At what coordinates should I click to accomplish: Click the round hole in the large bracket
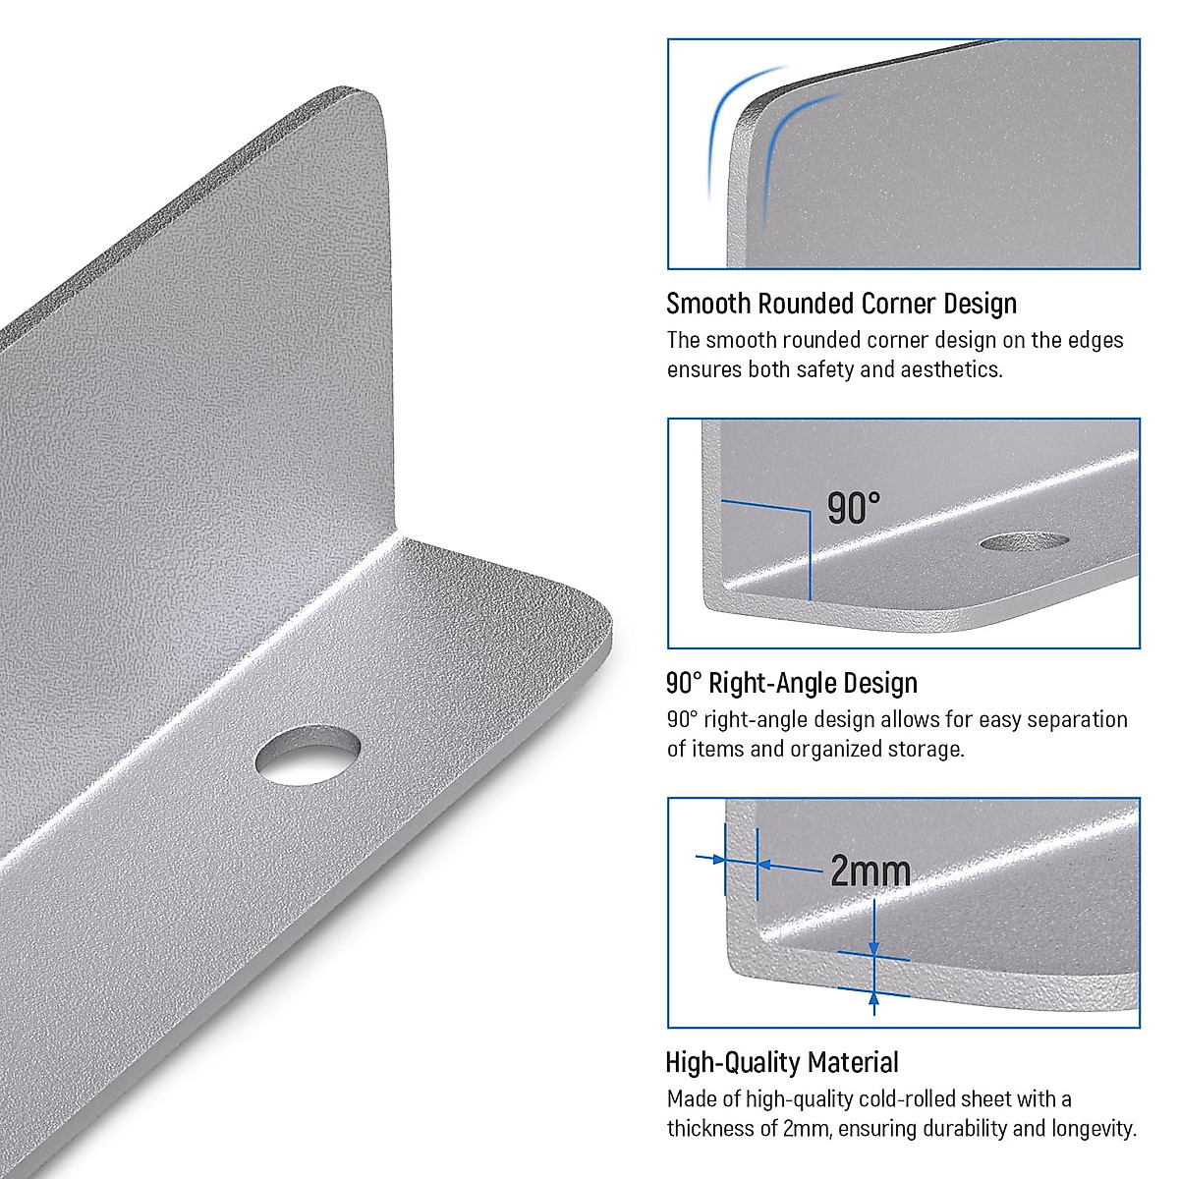click(x=308, y=754)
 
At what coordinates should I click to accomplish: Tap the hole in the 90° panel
click(x=1025, y=541)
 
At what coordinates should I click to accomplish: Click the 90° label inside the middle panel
click(x=853, y=509)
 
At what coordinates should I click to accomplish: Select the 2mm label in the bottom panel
click(x=870, y=870)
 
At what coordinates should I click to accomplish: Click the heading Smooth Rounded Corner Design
click(x=841, y=304)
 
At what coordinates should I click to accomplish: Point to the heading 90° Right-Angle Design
click(x=791, y=683)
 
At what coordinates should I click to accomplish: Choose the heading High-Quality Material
click(x=781, y=1062)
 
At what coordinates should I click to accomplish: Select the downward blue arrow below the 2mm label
click(x=873, y=928)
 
